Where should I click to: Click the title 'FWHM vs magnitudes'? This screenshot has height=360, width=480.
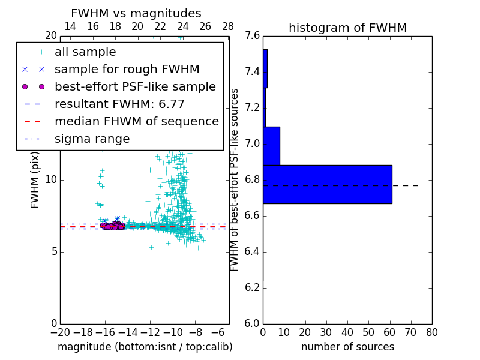pyautogui.click(x=136, y=13)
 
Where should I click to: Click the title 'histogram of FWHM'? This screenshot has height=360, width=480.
pyautogui.click(x=347, y=28)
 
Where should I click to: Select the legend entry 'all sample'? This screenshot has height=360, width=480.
pyautogui.click(x=85, y=52)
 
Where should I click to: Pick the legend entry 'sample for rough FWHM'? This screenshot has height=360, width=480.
pyautogui.click(x=127, y=70)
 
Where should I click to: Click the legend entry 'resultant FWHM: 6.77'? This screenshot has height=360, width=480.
pyautogui.click(x=119, y=104)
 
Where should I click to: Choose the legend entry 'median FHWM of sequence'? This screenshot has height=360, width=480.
pyautogui.click(x=136, y=121)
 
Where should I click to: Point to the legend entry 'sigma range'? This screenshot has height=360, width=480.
pyautogui.click(x=92, y=139)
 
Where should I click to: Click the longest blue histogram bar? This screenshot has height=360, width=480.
pyautogui.click(x=328, y=184)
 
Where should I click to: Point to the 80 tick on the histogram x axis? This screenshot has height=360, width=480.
pyautogui.click(x=432, y=332)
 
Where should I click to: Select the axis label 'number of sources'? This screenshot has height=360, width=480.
pyautogui.click(x=347, y=347)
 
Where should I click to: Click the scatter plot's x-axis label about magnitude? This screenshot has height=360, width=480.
pyautogui.click(x=145, y=347)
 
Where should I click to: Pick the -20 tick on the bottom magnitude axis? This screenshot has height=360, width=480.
pyautogui.click(x=60, y=332)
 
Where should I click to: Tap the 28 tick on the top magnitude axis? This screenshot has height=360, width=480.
pyautogui.click(x=228, y=26)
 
